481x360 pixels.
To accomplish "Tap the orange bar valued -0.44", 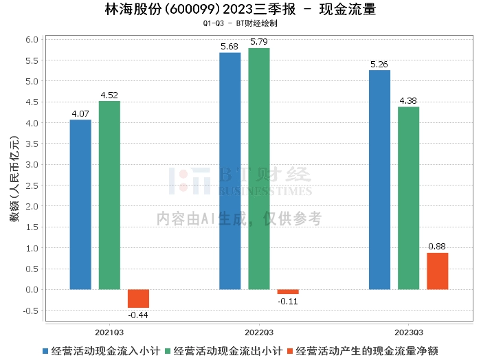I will (138, 298).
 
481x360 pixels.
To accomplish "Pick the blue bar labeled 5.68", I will (230, 171).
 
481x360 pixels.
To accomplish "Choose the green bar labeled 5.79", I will (259, 169).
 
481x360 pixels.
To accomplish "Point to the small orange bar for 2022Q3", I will (288, 291).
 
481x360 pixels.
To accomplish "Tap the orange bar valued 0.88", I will (437, 271).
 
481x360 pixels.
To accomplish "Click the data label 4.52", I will (109, 95).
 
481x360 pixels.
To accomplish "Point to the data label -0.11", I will (288, 301).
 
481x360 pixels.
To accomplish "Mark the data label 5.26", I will (379, 64).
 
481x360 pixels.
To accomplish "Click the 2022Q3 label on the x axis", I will (259, 330).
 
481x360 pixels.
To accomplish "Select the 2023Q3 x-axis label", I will (408, 330).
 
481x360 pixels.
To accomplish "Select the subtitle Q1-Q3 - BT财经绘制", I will (240, 23).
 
